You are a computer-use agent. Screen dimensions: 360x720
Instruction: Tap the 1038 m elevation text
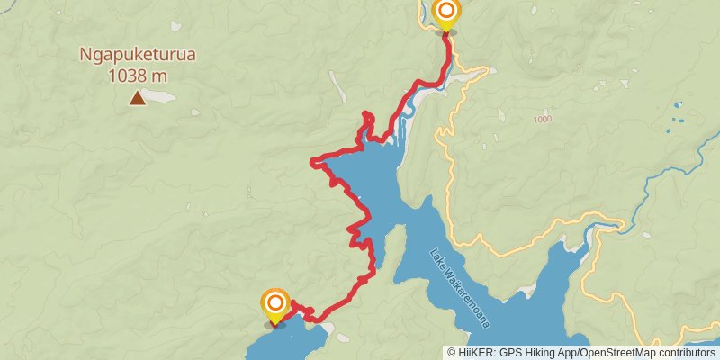point(138,76)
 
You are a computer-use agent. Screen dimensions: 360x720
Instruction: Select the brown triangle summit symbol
point(137,97)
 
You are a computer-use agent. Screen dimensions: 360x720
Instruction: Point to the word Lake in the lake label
point(437,258)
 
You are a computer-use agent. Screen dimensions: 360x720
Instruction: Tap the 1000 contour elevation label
point(542,120)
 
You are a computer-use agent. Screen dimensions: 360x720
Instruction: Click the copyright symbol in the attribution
point(452,352)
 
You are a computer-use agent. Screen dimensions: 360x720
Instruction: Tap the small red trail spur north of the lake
point(366,119)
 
